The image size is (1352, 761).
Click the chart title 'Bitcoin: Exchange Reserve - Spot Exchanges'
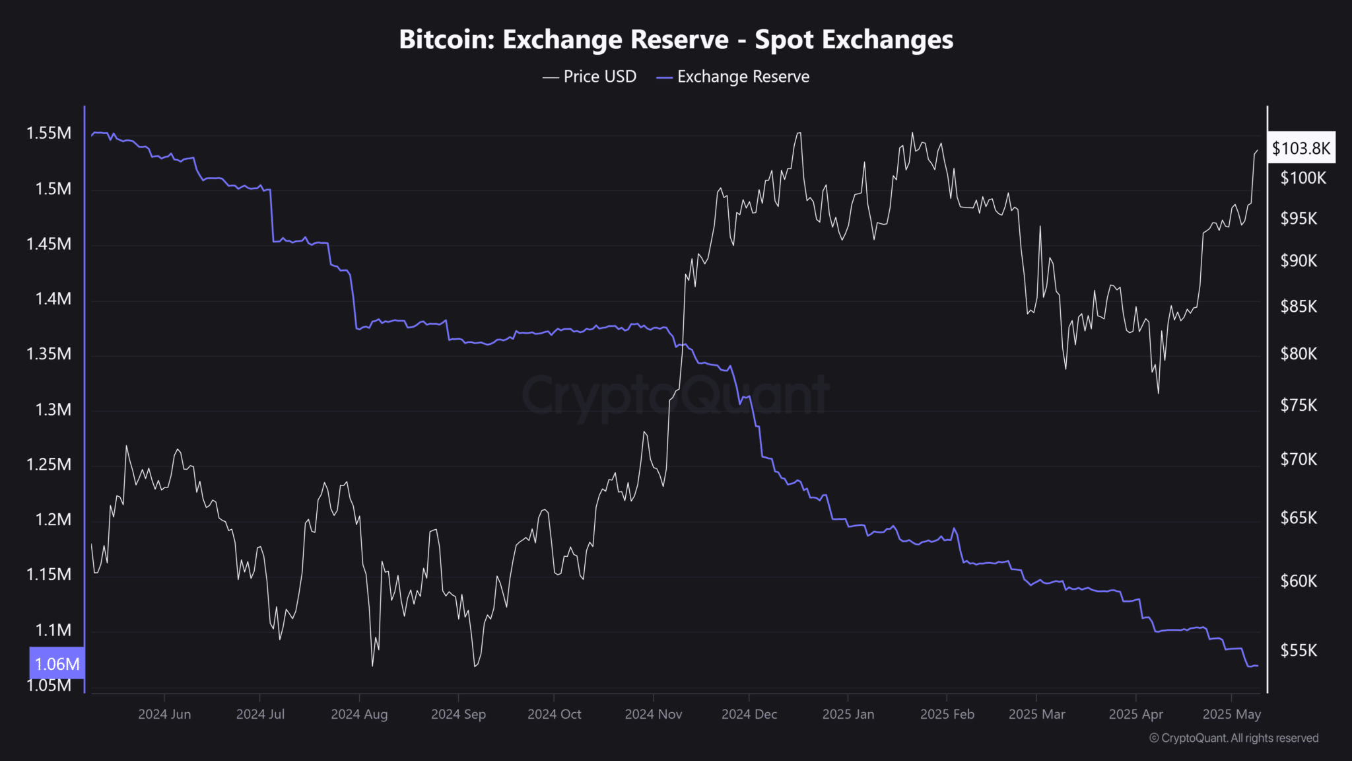pyautogui.click(x=676, y=40)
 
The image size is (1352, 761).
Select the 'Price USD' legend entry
pyautogui.click(x=590, y=77)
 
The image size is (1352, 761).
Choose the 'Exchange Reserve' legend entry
pyautogui.click(x=733, y=77)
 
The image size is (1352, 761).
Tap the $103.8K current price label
pyautogui.click(x=1301, y=148)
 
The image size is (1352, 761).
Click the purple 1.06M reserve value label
pyautogui.click(x=57, y=663)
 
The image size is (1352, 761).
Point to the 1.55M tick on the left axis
pyautogui.click(x=49, y=133)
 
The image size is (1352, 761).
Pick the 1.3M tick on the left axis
pyautogui.click(x=53, y=410)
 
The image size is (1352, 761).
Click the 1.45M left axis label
pyautogui.click(x=49, y=244)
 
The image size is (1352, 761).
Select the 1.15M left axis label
pyautogui.click(x=49, y=574)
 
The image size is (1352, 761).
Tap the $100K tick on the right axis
pyautogui.click(x=1302, y=178)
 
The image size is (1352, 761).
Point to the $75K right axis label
pyautogui.click(x=1299, y=405)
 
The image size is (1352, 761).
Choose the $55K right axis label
pyautogui.click(x=1299, y=650)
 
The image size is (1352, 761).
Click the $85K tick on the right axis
pyautogui.click(x=1299, y=307)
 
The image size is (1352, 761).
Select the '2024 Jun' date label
pyautogui.click(x=164, y=714)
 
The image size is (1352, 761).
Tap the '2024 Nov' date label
pyautogui.click(x=653, y=714)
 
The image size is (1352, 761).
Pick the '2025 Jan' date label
pyautogui.click(x=848, y=714)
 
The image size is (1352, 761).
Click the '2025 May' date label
pyautogui.click(x=1231, y=714)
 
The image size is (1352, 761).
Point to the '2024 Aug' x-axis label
pyautogui.click(x=359, y=714)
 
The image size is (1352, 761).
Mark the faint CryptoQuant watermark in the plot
pyautogui.click(x=675, y=395)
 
